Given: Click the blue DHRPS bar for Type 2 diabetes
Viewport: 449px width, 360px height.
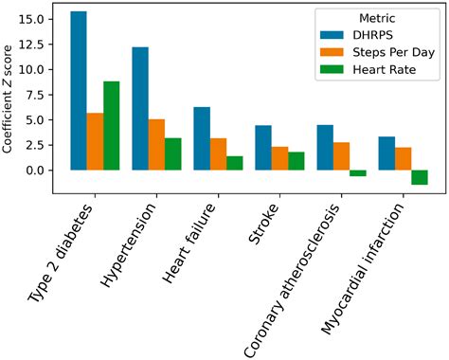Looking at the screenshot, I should (78, 91).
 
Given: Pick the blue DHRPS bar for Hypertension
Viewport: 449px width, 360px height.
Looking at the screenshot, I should (139, 109).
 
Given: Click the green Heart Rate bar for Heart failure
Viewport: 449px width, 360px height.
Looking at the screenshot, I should (234, 163).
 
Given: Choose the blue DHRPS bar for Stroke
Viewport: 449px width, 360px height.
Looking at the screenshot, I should (263, 148).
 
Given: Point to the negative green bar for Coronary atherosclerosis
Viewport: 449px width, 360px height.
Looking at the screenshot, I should (357, 173).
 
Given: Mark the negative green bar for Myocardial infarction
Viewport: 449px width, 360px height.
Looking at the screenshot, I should (419, 177).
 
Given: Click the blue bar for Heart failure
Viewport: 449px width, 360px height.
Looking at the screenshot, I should (202, 138).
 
